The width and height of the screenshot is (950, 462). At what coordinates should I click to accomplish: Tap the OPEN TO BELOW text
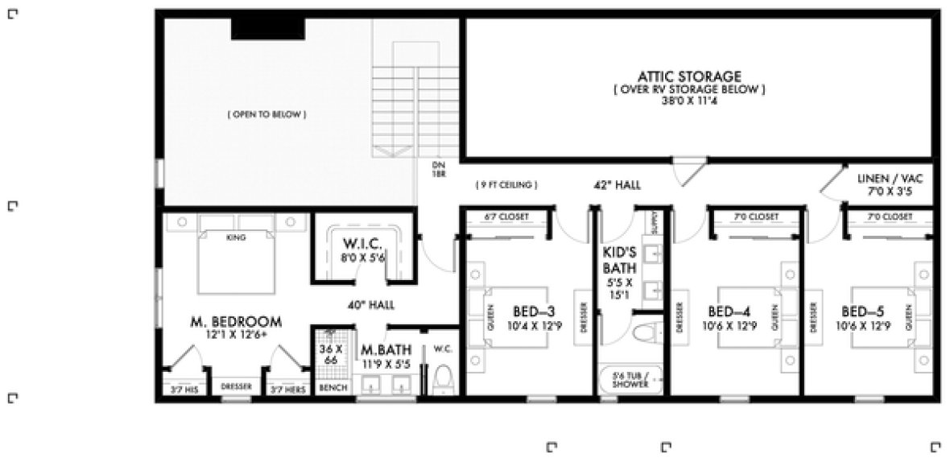tap(266, 115)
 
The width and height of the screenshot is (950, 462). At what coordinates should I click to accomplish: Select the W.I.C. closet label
tap(357, 244)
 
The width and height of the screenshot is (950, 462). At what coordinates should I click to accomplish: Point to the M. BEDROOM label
tap(236, 322)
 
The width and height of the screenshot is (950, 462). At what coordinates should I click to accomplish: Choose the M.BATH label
tap(386, 351)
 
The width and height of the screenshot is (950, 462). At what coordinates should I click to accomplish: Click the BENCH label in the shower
tap(332, 388)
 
